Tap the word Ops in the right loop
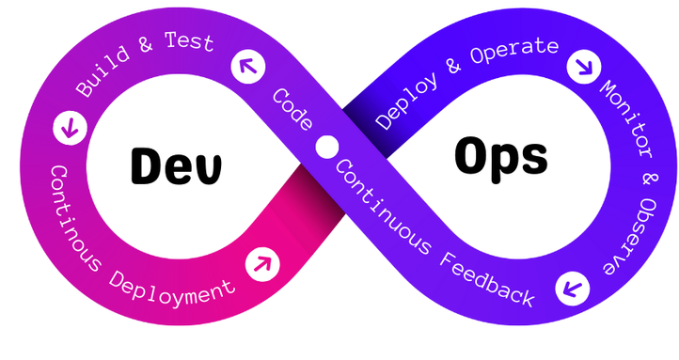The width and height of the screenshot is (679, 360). tap(500, 156)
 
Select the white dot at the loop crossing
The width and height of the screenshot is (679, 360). tap(327, 148)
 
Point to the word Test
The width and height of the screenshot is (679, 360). tap(188, 43)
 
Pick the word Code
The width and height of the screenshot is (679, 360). tap(292, 111)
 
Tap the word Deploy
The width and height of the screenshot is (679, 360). tap(404, 101)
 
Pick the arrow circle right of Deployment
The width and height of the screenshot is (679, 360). tap(262, 263)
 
